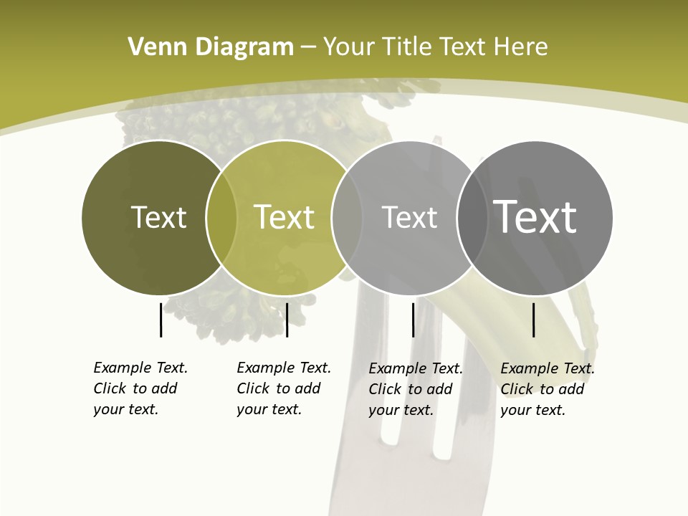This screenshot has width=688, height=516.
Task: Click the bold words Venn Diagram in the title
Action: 211,47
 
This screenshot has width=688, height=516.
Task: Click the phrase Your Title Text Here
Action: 435,47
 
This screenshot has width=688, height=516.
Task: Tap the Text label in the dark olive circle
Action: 158,217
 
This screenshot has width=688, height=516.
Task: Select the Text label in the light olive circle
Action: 284,217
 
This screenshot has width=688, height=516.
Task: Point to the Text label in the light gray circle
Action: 409,217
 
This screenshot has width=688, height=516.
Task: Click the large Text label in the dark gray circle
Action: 535,216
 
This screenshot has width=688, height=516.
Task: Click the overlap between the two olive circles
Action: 221,218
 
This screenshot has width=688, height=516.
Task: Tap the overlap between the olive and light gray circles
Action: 347,218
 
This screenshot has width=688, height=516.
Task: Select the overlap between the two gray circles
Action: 472,218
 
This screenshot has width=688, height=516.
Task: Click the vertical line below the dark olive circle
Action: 161,320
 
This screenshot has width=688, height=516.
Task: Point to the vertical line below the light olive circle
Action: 287,320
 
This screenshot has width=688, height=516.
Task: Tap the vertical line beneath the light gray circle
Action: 414,320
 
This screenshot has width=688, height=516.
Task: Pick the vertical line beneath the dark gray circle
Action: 534,320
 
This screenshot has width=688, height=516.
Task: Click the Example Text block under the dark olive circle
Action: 140,388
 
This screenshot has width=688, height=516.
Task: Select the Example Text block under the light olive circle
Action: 283,388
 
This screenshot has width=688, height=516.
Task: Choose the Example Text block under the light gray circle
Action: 415,389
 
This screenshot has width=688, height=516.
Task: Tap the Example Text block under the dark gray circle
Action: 547,389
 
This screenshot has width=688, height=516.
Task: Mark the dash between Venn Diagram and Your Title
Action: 308,48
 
